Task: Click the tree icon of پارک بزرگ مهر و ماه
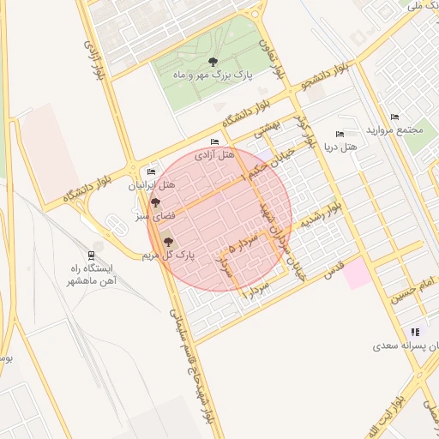pos(213,61)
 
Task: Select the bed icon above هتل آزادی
pos(213,141)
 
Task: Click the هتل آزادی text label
pos(214,155)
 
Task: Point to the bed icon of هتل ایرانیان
pos(152,171)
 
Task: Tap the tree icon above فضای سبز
pos(155,203)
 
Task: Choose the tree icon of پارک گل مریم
pos(168,242)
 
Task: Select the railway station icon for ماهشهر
pos(92,255)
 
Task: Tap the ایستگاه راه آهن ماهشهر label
pos(93,274)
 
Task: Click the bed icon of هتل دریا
pos(340,135)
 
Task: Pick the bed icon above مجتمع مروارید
pos(394,117)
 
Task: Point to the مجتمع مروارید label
pos(395,130)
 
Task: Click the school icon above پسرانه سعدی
pos(415,332)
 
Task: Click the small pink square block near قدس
pos(359,274)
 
